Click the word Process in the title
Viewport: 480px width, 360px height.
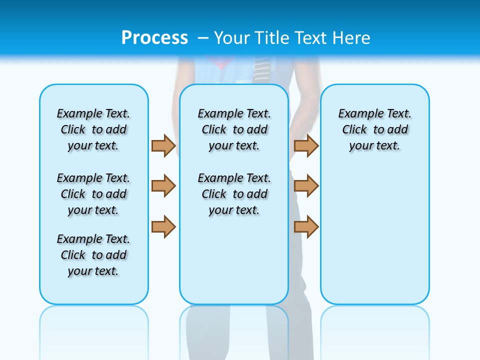[154, 38]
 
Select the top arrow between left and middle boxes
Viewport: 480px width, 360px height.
[163, 145]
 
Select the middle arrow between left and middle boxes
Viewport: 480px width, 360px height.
[163, 186]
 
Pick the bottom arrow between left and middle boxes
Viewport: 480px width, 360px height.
[163, 227]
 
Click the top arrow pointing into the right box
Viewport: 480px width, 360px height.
[306, 145]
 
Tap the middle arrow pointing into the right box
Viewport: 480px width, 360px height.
[306, 186]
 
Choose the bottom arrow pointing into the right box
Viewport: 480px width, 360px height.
[306, 227]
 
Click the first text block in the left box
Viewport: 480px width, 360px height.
[93, 129]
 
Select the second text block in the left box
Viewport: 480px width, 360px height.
[93, 194]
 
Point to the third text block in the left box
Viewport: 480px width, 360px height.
[93, 255]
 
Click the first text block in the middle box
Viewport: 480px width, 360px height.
[234, 129]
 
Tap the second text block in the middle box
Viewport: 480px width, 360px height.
[234, 194]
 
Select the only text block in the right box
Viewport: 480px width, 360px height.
[375, 129]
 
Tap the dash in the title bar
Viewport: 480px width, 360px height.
[203, 38]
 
